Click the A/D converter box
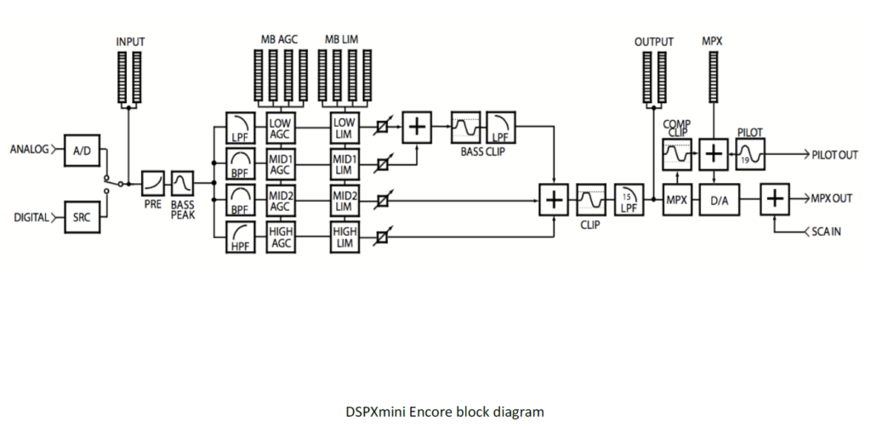[82, 151]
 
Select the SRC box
[82, 217]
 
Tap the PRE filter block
[153, 183]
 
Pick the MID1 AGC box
[280, 163]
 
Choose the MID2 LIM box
[344, 200]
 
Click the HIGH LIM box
[344, 236]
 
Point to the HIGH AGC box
[280, 236]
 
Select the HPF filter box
[238, 236]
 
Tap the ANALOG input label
[29, 151]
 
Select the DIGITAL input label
[31, 217]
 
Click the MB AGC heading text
[279, 40]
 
